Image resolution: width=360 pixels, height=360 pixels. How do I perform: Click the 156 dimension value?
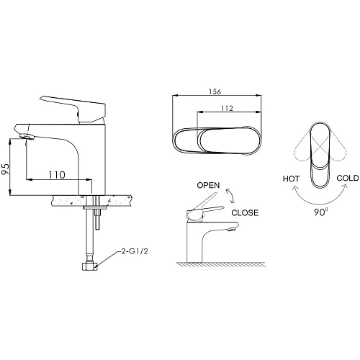pos(215,91)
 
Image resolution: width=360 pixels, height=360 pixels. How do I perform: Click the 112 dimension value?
pos(227,108)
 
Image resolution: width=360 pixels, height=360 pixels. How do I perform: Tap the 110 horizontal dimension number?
pos(57,175)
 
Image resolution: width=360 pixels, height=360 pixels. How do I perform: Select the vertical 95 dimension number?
pos(6,169)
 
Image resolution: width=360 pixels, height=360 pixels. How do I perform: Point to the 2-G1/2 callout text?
pos(135,251)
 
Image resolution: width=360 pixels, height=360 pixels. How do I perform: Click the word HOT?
pos(291,179)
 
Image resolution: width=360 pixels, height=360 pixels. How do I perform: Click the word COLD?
pos(348,178)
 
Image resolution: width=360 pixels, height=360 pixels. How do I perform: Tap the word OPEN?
pos(208,185)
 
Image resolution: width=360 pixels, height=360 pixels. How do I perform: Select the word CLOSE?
pos(245,212)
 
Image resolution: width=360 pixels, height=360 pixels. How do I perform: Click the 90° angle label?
pos(321,212)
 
